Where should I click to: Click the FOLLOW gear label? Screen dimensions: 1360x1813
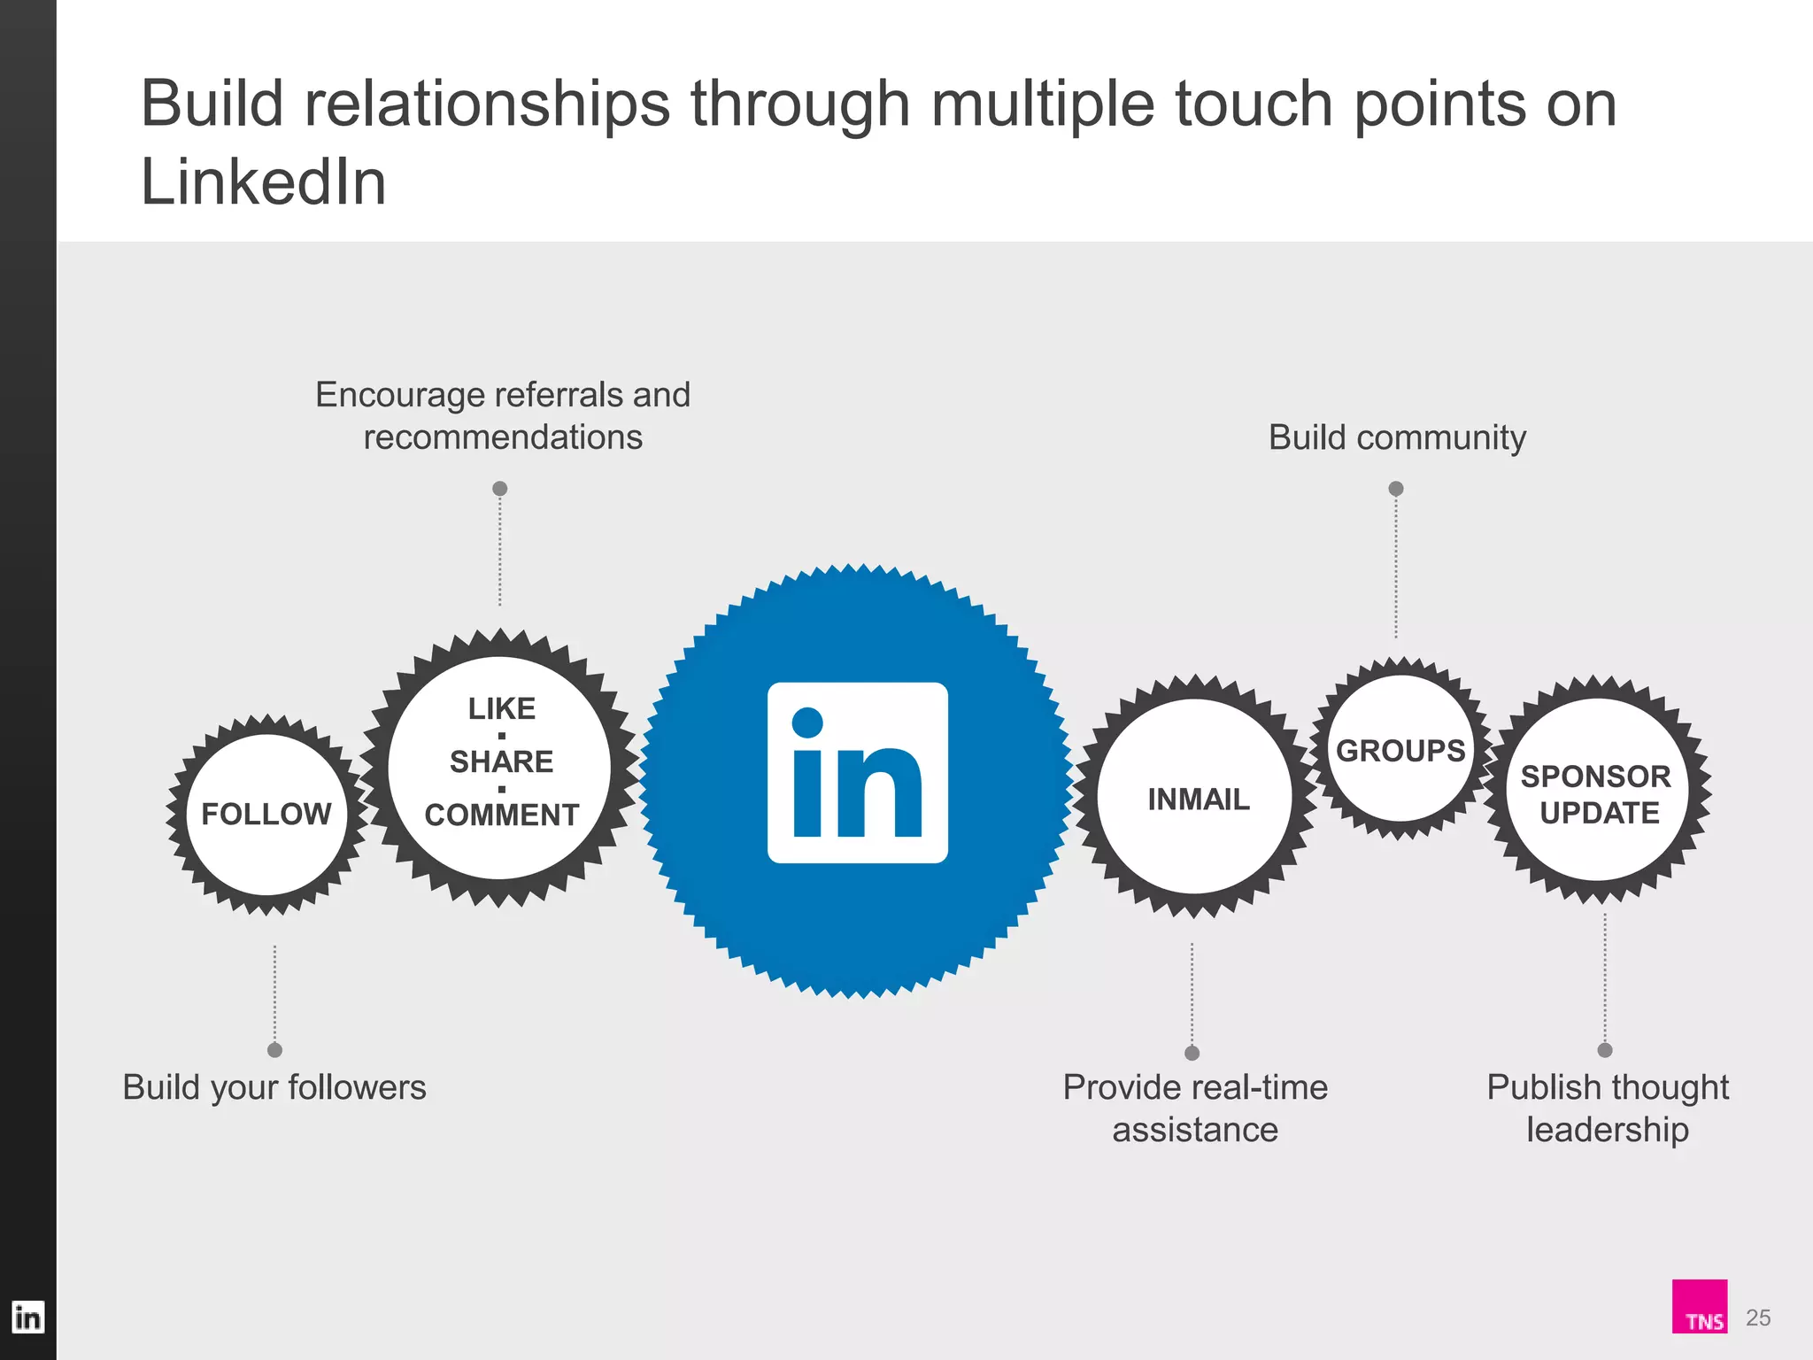click(x=266, y=814)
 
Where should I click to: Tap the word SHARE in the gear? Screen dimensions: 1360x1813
click(x=501, y=761)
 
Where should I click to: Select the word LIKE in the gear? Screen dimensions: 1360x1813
click(x=502, y=708)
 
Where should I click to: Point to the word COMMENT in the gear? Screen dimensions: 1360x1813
click(x=502, y=815)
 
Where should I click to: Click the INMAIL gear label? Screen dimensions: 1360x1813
click(x=1199, y=800)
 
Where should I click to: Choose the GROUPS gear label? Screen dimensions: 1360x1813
click(x=1400, y=751)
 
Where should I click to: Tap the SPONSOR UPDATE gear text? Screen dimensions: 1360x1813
click(x=1597, y=794)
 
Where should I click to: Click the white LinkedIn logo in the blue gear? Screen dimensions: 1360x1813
click(x=857, y=772)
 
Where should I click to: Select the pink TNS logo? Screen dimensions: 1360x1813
click(x=1699, y=1306)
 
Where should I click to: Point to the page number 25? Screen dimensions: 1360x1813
click(x=1758, y=1317)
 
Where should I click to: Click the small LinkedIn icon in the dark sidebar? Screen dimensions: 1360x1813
click(x=27, y=1317)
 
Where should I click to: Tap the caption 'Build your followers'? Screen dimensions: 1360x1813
click(x=274, y=1087)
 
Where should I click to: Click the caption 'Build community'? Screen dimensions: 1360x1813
click(x=1397, y=437)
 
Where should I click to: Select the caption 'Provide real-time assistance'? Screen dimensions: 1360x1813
click(x=1195, y=1109)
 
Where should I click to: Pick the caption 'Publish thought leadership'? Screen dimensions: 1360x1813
click(x=1608, y=1109)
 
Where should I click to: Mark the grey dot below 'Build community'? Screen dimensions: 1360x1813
click(x=1396, y=489)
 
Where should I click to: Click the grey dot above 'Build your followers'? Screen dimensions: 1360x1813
click(x=274, y=1050)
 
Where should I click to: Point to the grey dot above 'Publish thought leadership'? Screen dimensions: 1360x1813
click(x=1605, y=1050)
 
